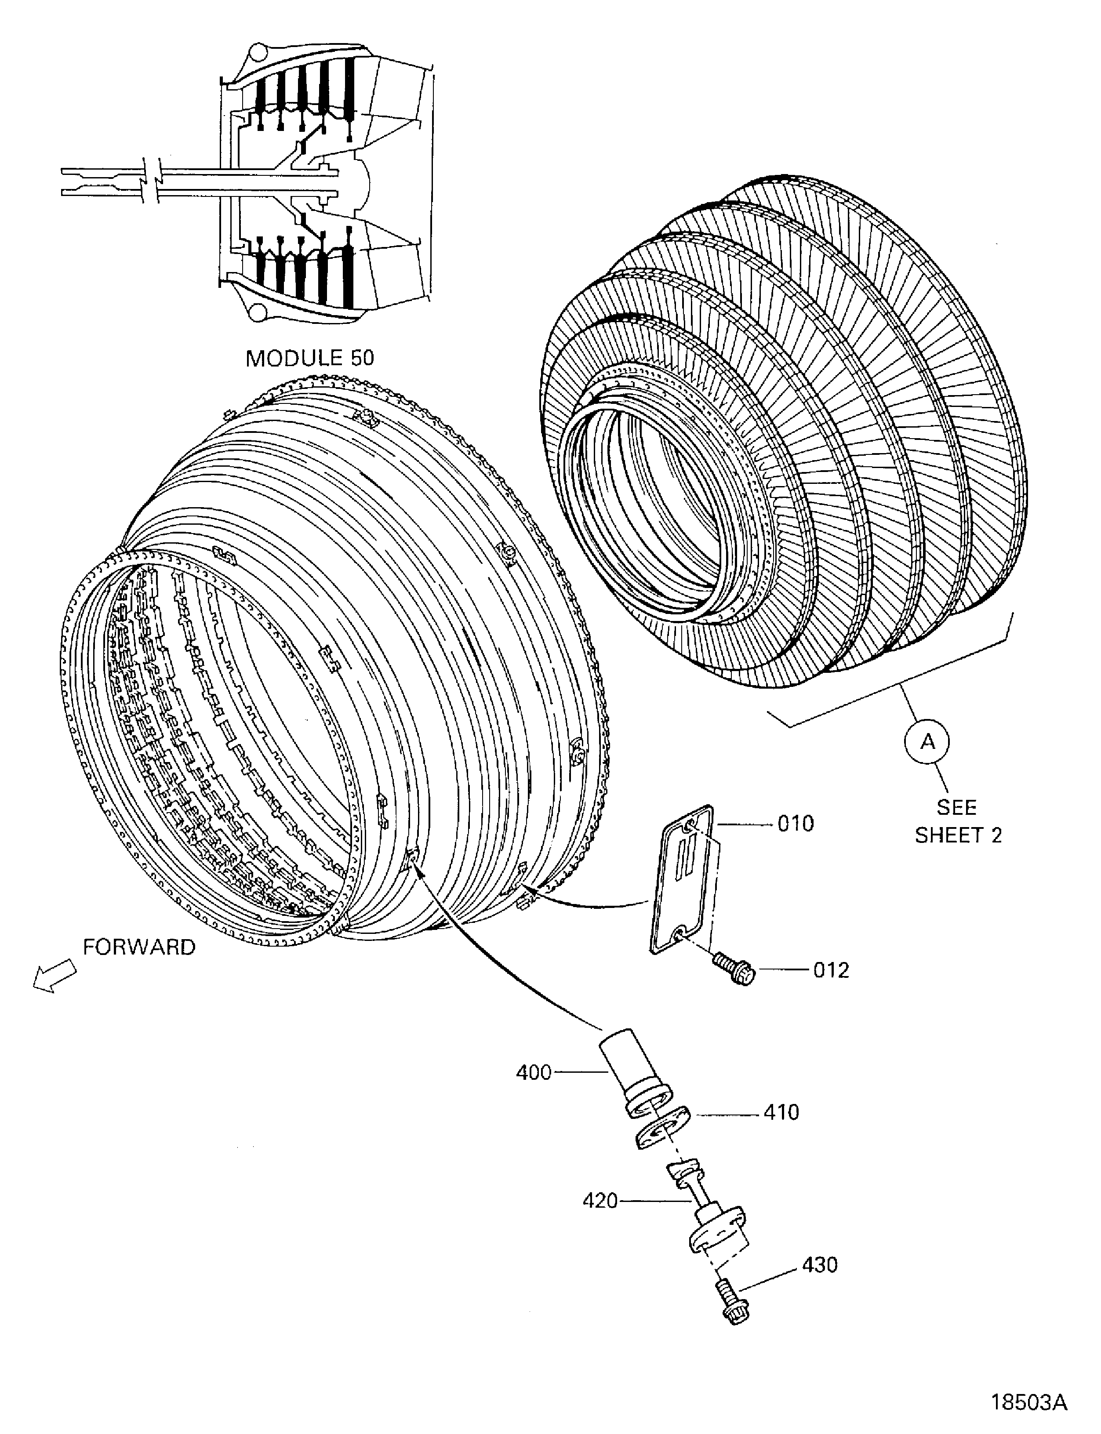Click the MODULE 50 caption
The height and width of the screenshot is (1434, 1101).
[309, 358]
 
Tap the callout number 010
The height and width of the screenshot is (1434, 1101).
[796, 824]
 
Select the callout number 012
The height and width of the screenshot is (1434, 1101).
[831, 970]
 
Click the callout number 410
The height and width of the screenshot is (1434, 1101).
[781, 1112]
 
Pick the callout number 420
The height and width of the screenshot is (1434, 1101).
[600, 1201]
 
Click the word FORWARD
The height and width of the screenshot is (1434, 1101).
[139, 947]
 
